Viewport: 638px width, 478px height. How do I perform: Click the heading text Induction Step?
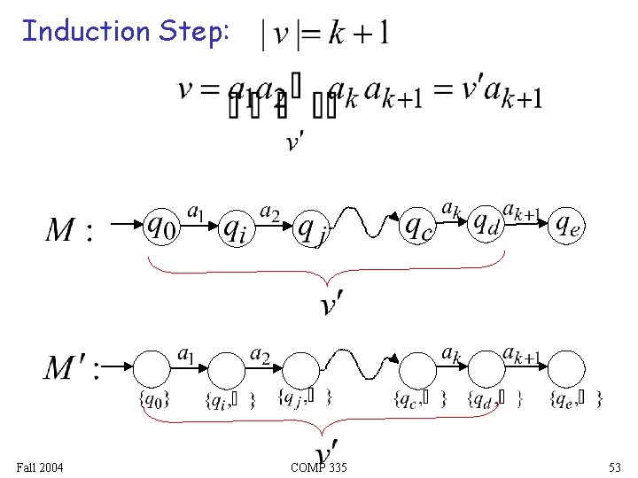[126, 32]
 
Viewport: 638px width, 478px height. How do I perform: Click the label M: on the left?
[67, 231]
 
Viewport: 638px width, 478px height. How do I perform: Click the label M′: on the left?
[72, 366]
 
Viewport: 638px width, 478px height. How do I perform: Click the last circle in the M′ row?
[568, 369]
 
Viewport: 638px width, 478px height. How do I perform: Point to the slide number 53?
[615, 466]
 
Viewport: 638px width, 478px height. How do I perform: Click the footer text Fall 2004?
[40, 466]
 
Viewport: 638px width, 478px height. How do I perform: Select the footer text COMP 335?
[318, 466]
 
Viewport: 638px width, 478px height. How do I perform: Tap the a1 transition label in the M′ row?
[187, 354]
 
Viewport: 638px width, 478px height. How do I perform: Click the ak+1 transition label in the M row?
[522, 211]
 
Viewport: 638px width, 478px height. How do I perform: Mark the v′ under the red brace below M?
[331, 305]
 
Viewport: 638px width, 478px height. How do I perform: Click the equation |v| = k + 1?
[325, 35]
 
